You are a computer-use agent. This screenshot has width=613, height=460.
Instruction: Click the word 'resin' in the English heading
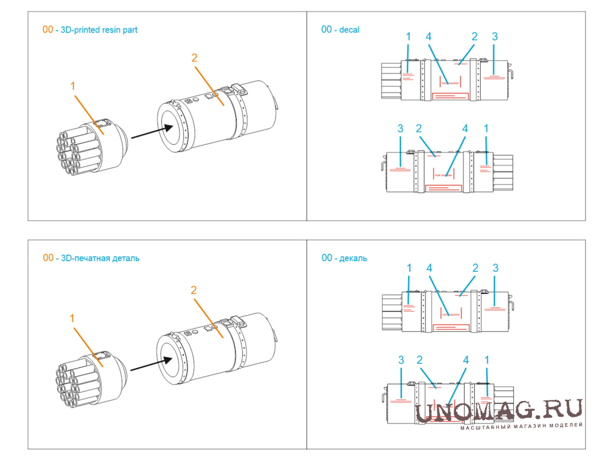click(x=112, y=29)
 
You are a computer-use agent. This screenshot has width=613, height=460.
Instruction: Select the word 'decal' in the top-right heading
click(x=349, y=29)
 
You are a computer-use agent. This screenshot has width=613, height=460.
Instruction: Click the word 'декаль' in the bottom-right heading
click(x=353, y=258)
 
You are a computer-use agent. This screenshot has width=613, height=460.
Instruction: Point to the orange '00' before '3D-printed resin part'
click(x=47, y=29)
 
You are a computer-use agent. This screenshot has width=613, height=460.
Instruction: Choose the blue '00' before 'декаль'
click(x=327, y=258)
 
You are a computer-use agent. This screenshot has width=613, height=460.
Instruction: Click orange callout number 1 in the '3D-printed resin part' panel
click(x=73, y=86)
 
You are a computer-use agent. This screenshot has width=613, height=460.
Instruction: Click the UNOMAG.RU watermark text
click(x=499, y=410)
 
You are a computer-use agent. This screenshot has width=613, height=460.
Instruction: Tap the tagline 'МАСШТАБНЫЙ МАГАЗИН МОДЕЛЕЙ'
click(x=521, y=426)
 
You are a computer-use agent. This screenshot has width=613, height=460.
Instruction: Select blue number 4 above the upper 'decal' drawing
click(x=428, y=37)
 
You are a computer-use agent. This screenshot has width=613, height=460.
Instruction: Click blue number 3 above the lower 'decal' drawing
click(x=400, y=129)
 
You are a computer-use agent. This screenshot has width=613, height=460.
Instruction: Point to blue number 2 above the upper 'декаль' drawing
click(x=475, y=268)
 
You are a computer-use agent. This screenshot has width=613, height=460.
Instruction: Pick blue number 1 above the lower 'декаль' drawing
click(x=487, y=360)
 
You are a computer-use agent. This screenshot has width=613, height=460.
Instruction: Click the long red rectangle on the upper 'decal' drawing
click(x=451, y=96)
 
